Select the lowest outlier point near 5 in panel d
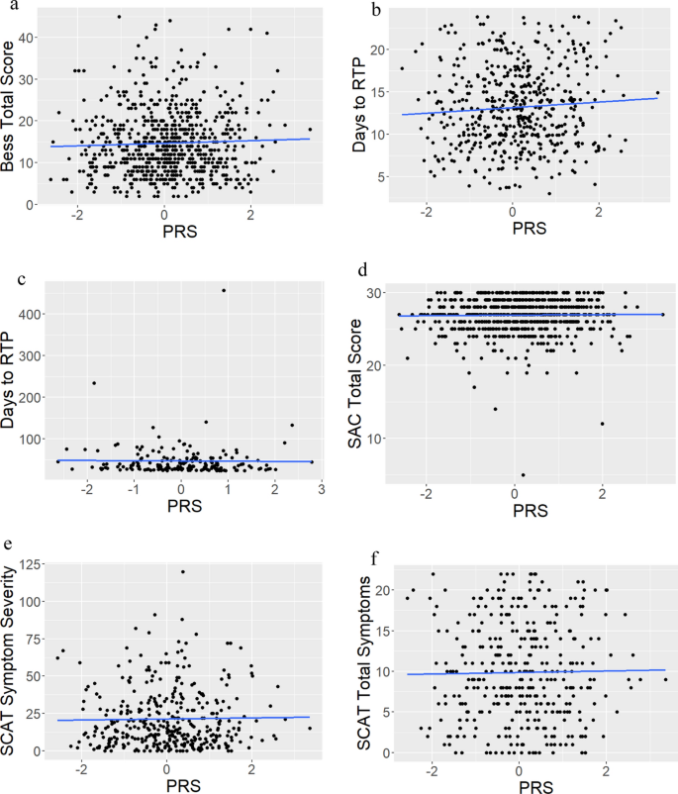tap(524, 474)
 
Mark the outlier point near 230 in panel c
tap(94, 383)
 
